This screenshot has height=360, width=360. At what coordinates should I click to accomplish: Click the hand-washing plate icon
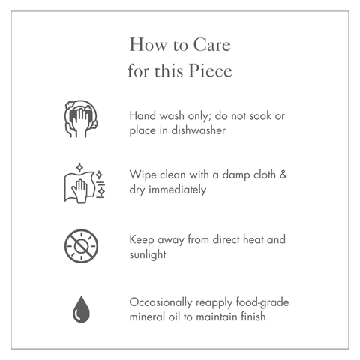click(81, 118)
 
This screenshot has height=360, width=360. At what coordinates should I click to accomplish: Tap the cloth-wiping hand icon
click(85, 183)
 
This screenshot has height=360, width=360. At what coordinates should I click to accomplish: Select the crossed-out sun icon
click(81, 246)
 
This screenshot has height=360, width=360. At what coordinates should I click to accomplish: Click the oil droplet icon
click(81, 309)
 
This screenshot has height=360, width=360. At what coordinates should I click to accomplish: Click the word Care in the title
click(212, 45)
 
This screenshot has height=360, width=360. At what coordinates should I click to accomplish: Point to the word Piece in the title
click(211, 70)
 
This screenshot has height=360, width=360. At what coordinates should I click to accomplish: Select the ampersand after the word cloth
click(283, 175)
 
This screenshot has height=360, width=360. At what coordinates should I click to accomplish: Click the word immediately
click(178, 190)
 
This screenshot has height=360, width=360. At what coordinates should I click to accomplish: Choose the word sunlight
click(148, 255)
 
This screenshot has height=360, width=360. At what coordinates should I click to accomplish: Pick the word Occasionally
click(160, 302)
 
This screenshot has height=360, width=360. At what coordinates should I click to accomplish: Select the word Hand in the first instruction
click(142, 115)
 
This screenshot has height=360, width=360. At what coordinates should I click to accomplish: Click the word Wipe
click(143, 175)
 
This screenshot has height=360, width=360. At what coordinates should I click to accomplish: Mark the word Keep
click(142, 240)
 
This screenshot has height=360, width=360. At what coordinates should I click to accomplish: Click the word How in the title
click(148, 45)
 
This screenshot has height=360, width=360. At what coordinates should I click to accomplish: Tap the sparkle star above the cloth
click(79, 167)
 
